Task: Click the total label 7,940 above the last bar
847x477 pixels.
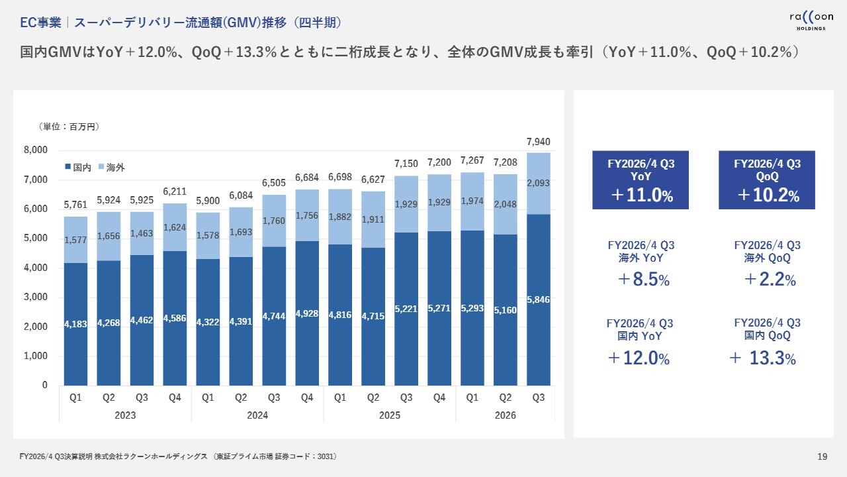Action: [539, 142]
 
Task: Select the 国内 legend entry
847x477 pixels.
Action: [78, 168]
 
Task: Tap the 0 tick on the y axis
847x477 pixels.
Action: [44, 385]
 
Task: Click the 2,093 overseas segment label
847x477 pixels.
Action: [539, 184]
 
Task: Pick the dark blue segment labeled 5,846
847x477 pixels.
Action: [539, 299]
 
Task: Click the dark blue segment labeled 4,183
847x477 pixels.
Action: [75, 324]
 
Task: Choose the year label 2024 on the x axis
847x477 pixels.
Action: [257, 415]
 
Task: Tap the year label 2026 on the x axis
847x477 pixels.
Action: [505, 415]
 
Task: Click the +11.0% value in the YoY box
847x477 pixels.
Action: [640, 195]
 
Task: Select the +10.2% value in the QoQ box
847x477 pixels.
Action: [767, 195]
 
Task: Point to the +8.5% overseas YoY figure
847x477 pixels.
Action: [640, 280]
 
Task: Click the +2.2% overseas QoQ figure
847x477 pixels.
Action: [767, 280]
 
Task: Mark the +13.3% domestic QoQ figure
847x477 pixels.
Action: [763, 358]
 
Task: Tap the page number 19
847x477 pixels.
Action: [823, 456]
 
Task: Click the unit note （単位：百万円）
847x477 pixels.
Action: [69, 126]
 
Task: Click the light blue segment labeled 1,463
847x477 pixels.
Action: [142, 234]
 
